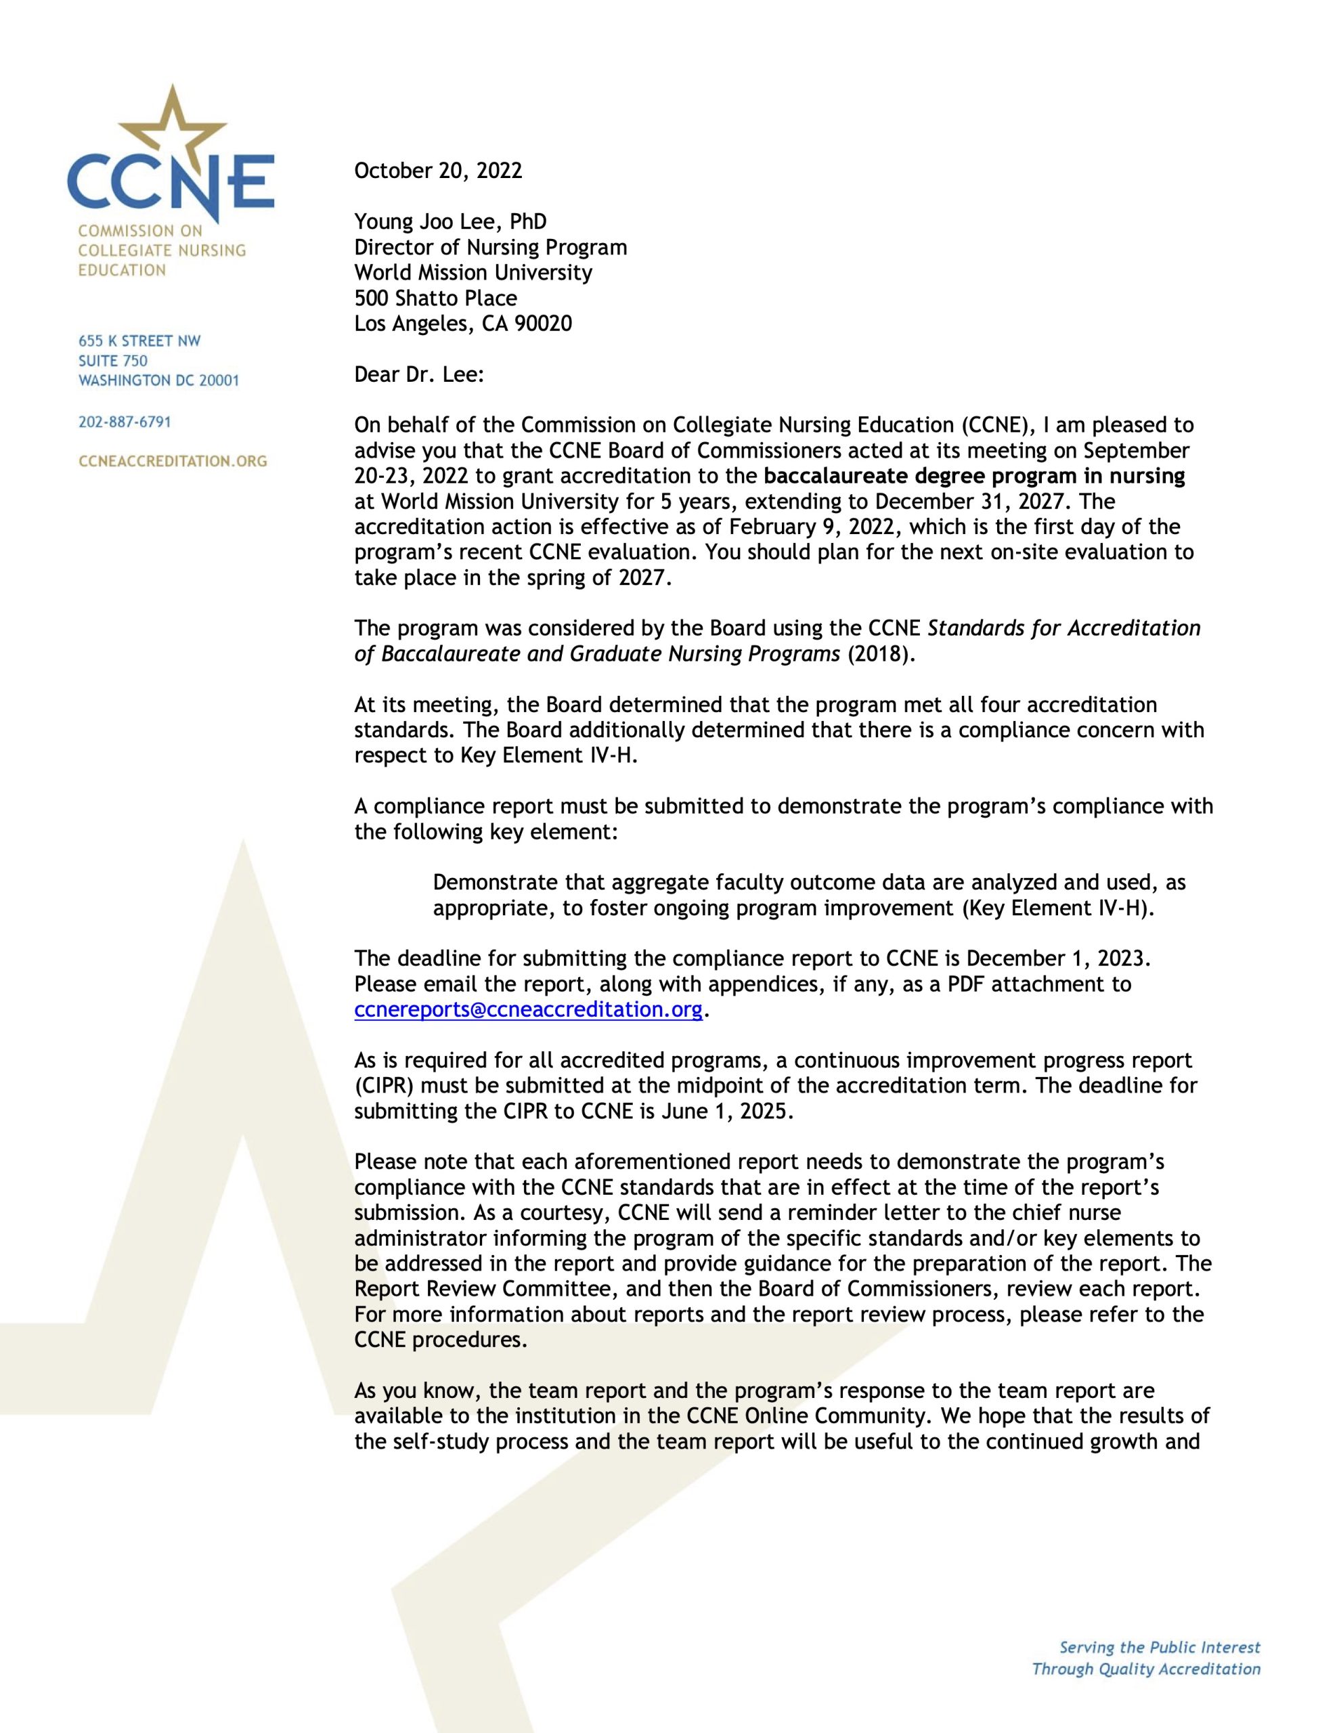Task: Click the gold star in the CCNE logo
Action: (172, 131)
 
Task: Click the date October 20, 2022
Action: (438, 171)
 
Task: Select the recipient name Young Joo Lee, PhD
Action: (450, 221)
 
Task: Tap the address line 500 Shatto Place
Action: (435, 299)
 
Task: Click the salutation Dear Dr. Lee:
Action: (418, 374)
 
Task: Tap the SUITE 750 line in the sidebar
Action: (112, 361)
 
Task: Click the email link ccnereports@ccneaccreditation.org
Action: (528, 1009)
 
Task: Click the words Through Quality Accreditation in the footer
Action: (1145, 1669)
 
